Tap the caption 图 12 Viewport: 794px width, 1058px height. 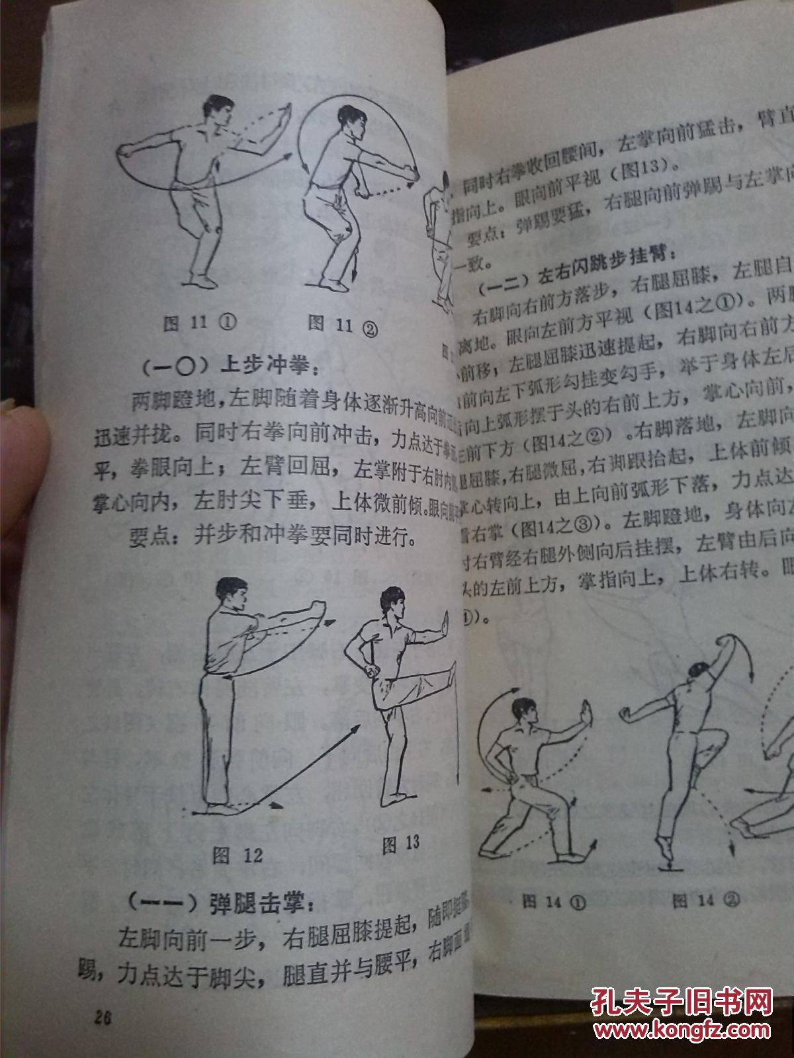click(238, 856)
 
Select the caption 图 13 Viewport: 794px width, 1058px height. click(401, 842)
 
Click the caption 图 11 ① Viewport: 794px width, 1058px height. click(199, 323)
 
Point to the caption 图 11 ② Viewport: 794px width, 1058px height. click(342, 325)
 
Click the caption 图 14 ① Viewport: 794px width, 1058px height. click(554, 902)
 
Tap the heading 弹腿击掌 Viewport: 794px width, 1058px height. click(218, 902)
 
